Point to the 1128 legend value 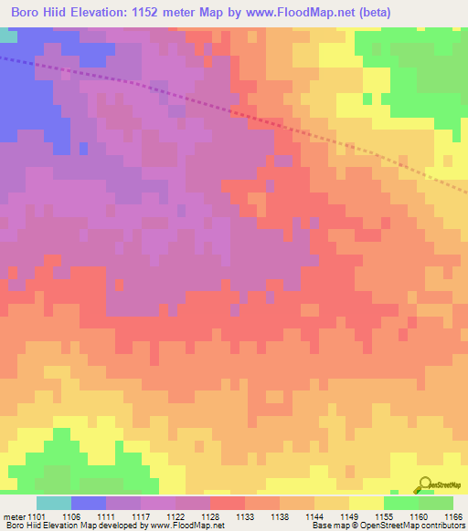click(x=211, y=517)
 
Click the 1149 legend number click(x=350, y=517)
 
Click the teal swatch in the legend click(x=54, y=503)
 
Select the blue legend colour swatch click(x=89, y=503)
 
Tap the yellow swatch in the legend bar click(x=367, y=503)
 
